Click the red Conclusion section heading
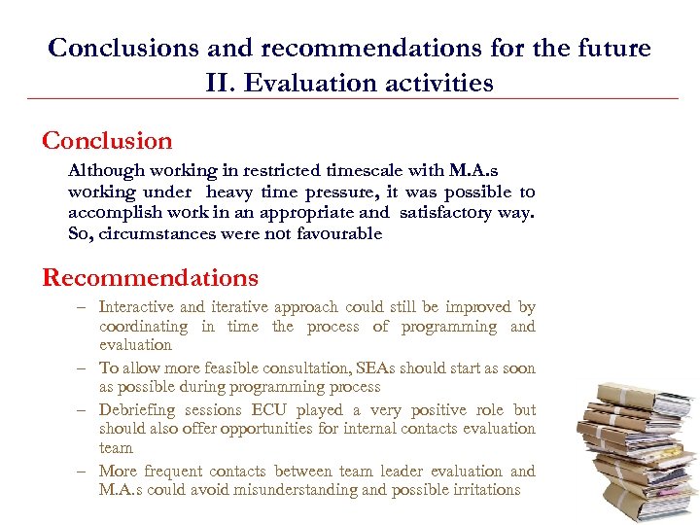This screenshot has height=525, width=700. (107, 141)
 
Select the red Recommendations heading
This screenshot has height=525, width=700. (150, 278)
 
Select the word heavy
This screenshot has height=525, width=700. (229, 192)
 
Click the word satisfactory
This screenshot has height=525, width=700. (452, 212)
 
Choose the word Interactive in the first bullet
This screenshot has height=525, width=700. (137, 307)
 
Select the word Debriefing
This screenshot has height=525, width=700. (138, 410)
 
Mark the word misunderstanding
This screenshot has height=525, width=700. (302, 490)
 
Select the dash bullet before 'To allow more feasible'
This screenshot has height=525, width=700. (85, 368)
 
